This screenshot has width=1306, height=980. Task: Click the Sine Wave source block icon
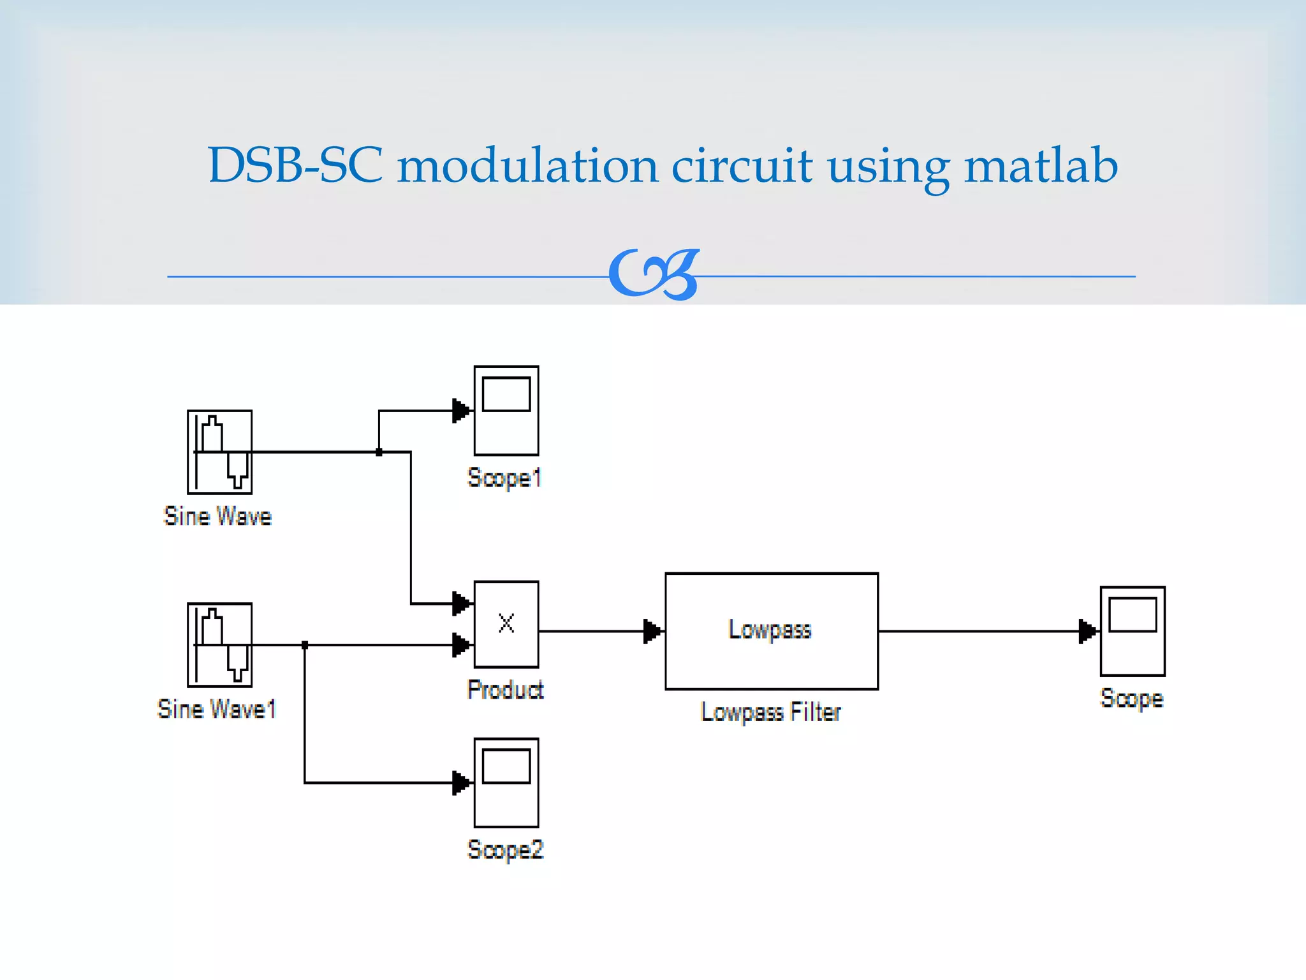(219, 452)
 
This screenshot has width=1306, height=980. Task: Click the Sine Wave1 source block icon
(219, 644)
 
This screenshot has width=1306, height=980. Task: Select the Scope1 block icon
(506, 410)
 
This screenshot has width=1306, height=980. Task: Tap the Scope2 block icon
(506, 782)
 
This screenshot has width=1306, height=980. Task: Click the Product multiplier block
(506, 624)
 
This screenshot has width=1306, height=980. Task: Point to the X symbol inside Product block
(506, 623)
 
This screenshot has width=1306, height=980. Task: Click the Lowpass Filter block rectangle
(771, 631)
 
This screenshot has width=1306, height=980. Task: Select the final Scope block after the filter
(1132, 631)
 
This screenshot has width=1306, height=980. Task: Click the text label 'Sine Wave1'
(217, 709)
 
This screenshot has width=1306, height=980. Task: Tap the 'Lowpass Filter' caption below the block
(770, 712)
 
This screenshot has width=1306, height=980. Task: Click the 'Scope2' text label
(505, 850)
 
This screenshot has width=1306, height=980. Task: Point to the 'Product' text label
(505, 690)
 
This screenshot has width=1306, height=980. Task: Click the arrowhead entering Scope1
(461, 410)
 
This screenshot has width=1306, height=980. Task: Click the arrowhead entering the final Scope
(1087, 631)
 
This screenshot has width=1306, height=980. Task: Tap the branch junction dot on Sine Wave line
(379, 452)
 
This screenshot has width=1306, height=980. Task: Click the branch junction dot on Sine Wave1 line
(305, 645)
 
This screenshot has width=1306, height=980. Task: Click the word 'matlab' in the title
(1041, 165)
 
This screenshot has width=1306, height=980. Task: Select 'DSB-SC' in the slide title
(295, 165)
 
